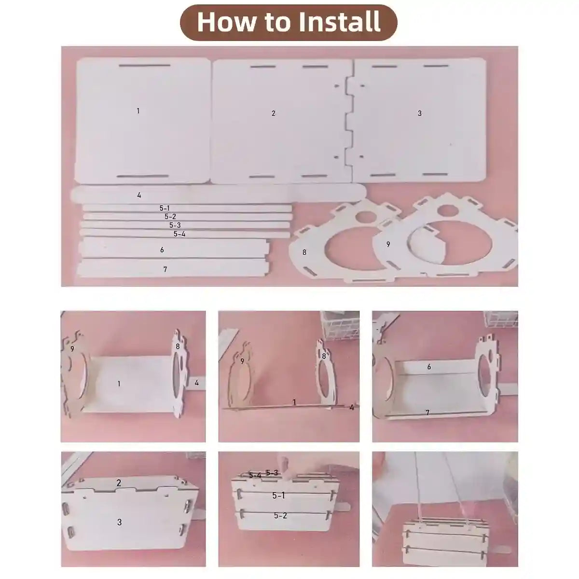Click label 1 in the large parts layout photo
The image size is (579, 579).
tap(138, 111)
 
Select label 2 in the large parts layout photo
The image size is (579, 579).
tap(273, 113)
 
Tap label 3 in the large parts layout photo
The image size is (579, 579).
tap(419, 113)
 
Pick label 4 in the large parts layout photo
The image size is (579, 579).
tap(139, 195)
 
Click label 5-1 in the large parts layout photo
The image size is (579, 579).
tap(165, 208)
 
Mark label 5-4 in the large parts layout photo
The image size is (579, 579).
tap(179, 234)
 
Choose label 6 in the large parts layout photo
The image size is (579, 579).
tap(162, 249)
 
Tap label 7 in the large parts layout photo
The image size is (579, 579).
tap(165, 269)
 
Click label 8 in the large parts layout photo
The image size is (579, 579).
tap(304, 252)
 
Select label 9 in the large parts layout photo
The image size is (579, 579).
tap(388, 244)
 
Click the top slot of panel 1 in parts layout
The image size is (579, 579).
tap(145, 65)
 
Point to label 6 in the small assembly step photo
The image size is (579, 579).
tap(429, 367)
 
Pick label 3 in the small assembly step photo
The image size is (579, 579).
tap(119, 522)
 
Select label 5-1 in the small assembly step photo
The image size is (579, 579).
tap(278, 496)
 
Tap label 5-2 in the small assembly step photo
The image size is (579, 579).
tap(280, 516)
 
